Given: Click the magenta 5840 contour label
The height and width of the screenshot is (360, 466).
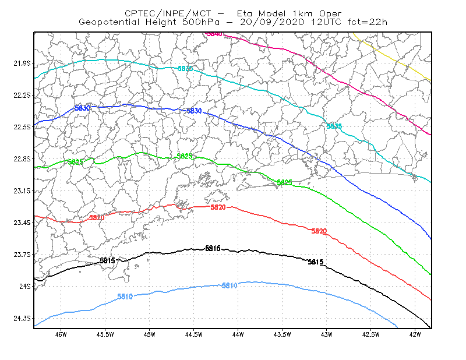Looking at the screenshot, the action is click(214, 34).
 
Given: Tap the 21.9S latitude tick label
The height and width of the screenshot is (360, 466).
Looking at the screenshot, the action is click(22, 63).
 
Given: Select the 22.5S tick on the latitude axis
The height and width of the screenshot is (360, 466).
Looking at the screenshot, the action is click(22, 127).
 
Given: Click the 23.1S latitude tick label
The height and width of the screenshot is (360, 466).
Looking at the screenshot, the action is click(22, 190).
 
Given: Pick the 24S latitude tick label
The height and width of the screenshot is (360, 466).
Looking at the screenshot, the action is click(25, 286).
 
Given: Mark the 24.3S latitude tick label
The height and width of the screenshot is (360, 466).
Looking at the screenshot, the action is click(22, 319).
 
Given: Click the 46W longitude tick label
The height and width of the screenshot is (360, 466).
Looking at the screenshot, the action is click(61, 334).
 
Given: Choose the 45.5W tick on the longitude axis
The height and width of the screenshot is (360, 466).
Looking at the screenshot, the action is click(105, 334).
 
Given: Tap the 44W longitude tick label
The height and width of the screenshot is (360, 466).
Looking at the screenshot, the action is click(238, 334).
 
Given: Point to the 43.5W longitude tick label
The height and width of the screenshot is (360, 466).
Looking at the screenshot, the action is click(283, 334).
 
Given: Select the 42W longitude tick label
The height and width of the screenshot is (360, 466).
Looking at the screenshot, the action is click(415, 334).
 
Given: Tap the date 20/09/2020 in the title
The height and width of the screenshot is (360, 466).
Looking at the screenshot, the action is click(272, 22).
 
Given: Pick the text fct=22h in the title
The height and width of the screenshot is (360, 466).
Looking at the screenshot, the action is click(368, 22).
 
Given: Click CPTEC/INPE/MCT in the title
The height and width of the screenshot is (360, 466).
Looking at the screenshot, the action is click(168, 13).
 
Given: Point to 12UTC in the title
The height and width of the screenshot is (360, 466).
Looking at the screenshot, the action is click(326, 22).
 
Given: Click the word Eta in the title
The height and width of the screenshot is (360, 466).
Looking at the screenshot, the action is click(244, 13).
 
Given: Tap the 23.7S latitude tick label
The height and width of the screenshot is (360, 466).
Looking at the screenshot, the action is click(22, 255).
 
